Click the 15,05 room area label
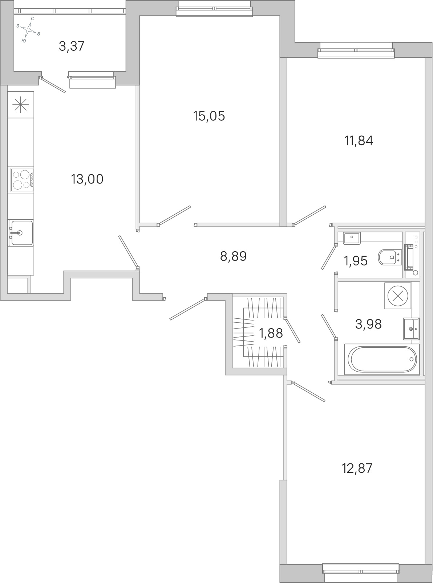[x=209, y=116]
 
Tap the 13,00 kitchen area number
[x=87, y=179]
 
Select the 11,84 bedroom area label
[x=359, y=141]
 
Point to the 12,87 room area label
[x=357, y=468]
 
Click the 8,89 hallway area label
[x=233, y=256]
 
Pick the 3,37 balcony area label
[x=71, y=46]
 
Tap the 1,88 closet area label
[x=271, y=333]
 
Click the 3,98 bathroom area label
[x=368, y=324]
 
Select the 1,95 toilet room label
[x=356, y=261]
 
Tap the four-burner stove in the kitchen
[x=23, y=180]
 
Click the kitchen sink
[x=21, y=233]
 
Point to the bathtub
[x=382, y=359]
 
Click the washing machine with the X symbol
[x=398, y=296]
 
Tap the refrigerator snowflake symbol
[x=21, y=105]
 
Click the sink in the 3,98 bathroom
[x=411, y=328]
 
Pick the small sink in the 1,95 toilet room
[x=352, y=238]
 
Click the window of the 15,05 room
[x=214, y=9]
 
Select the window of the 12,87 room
[x=361, y=572]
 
